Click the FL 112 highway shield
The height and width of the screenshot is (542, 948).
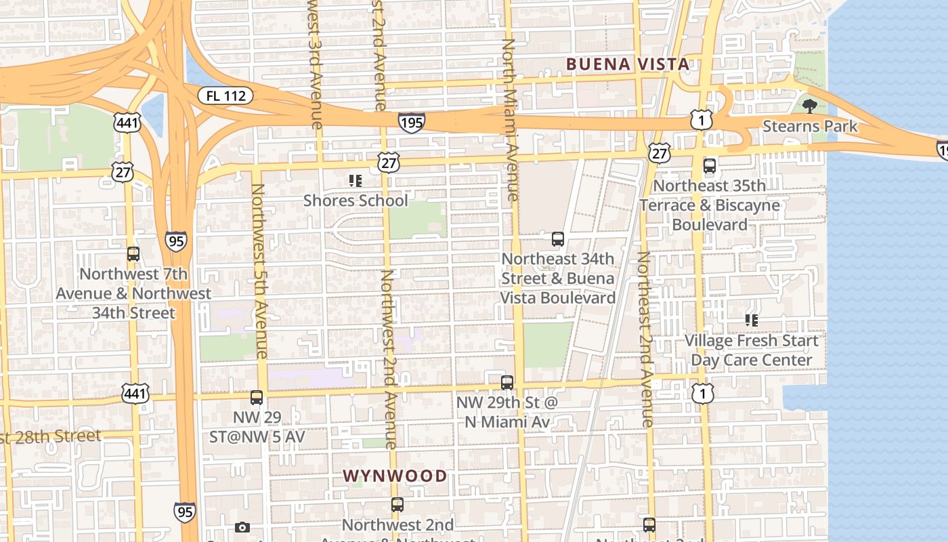(x=225, y=96)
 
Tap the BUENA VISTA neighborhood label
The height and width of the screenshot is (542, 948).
(x=628, y=64)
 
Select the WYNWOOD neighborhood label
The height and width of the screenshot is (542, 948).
(x=395, y=476)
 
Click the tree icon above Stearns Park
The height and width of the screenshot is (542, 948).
(x=809, y=106)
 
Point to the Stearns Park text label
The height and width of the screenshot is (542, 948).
(x=810, y=126)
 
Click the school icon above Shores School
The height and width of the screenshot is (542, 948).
(x=355, y=180)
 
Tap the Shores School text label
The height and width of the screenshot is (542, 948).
(x=355, y=201)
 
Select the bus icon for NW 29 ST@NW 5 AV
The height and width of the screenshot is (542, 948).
(x=257, y=398)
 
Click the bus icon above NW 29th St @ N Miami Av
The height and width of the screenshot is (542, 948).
(x=507, y=382)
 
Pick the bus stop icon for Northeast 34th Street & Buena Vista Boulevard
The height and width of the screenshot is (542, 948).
(x=558, y=239)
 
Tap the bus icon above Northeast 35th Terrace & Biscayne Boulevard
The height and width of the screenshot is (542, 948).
(x=710, y=166)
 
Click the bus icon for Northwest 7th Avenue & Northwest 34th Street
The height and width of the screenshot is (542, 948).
(x=133, y=254)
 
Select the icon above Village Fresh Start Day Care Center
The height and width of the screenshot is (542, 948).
(x=751, y=320)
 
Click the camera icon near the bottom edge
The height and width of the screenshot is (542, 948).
(x=242, y=527)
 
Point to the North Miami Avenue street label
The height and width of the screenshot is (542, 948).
(x=509, y=120)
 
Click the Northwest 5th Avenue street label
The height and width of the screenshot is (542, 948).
(x=260, y=271)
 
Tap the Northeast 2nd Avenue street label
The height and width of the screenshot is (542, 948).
(x=645, y=339)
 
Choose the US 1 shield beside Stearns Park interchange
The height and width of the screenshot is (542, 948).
(x=702, y=121)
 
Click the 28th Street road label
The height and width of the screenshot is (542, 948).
(x=51, y=436)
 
